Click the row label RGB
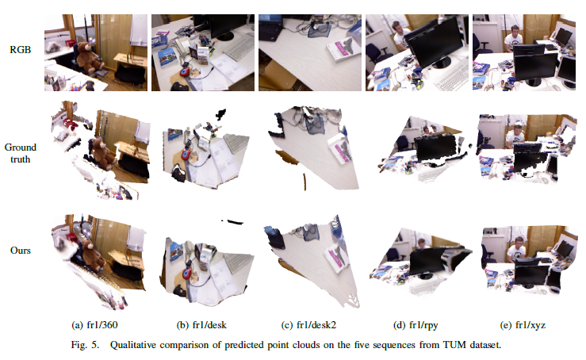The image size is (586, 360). click(x=20, y=49)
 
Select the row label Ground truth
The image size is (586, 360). click(x=20, y=153)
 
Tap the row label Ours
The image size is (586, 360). click(x=20, y=250)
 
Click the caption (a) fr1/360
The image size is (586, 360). click(x=94, y=325)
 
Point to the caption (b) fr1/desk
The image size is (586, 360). click(x=201, y=325)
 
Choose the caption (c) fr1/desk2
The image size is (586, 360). click(x=308, y=325)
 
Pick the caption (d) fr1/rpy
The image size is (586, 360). click(x=416, y=325)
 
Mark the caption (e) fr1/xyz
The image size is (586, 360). click(x=523, y=325)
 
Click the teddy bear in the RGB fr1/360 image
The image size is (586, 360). click(x=88, y=58)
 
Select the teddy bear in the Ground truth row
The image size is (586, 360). click(x=103, y=153)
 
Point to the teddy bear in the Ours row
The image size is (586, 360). click(x=91, y=255)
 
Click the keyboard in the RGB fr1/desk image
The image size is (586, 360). click(x=239, y=48)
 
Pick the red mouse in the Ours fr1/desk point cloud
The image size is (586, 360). click(x=187, y=271)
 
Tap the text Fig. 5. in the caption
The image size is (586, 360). click(x=85, y=345)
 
